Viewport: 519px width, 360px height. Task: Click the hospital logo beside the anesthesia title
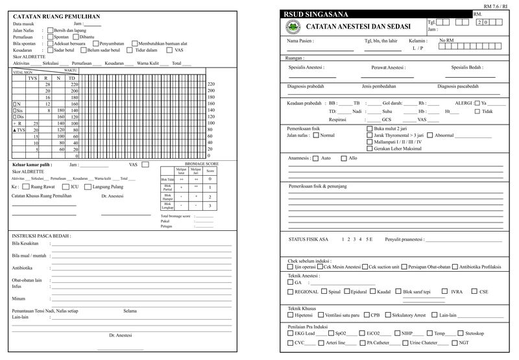click(293, 27)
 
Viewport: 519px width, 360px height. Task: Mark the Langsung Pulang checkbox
click(90, 186)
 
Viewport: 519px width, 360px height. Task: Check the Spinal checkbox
click(324, 292)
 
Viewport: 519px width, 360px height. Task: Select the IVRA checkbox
click(444, 292)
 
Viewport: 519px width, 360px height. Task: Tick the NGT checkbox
click(453, 342)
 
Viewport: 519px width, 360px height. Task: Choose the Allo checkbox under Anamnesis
click(343, 158)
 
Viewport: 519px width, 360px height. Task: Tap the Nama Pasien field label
click(300, 40)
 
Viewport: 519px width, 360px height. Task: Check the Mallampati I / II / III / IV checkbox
click(370, 141)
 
